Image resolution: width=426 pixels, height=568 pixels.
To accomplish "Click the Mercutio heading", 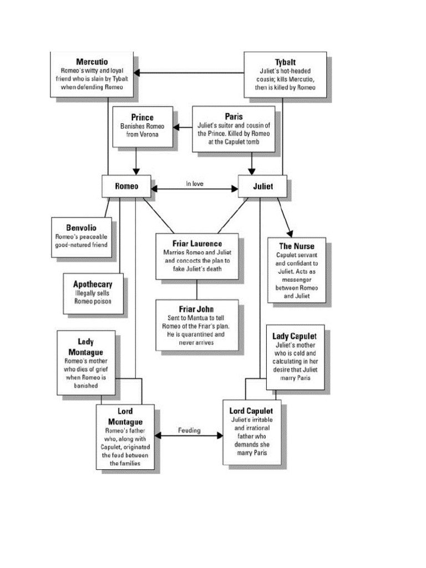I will pyautogui.click(x=92, y=61).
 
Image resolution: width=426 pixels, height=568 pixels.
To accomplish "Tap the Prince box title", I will pyautogui.click(x=142, y=117).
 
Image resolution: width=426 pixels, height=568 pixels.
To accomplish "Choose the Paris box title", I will pyautogui.click(x=234, y=116).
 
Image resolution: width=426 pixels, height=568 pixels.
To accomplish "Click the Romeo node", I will pyautogui.click(x=126, y=186).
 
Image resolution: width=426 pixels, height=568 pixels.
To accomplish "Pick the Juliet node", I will pyautogui.click(x=262, y=186).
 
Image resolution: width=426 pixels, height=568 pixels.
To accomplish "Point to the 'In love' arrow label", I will pyautogui.click(x=195, y=184).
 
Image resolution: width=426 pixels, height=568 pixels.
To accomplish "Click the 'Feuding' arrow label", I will pyautogui.click(x=189, y=430).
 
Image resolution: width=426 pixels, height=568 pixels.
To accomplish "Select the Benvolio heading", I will pyautogui.click(x=81, y=227).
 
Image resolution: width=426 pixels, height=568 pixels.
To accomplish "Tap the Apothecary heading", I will pyautogui.click(x=93, y=283).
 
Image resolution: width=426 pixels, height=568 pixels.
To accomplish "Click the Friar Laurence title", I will pyautogui.click(x=197, y=243).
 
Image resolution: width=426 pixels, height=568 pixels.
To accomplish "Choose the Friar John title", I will pyautogui.click(x=197, y=308).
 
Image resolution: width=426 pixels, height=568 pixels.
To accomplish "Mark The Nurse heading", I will pyautogui.click(x=296, y=246).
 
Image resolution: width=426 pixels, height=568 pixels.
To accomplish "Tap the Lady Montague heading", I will pyautogui.click(x=85, y=347).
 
